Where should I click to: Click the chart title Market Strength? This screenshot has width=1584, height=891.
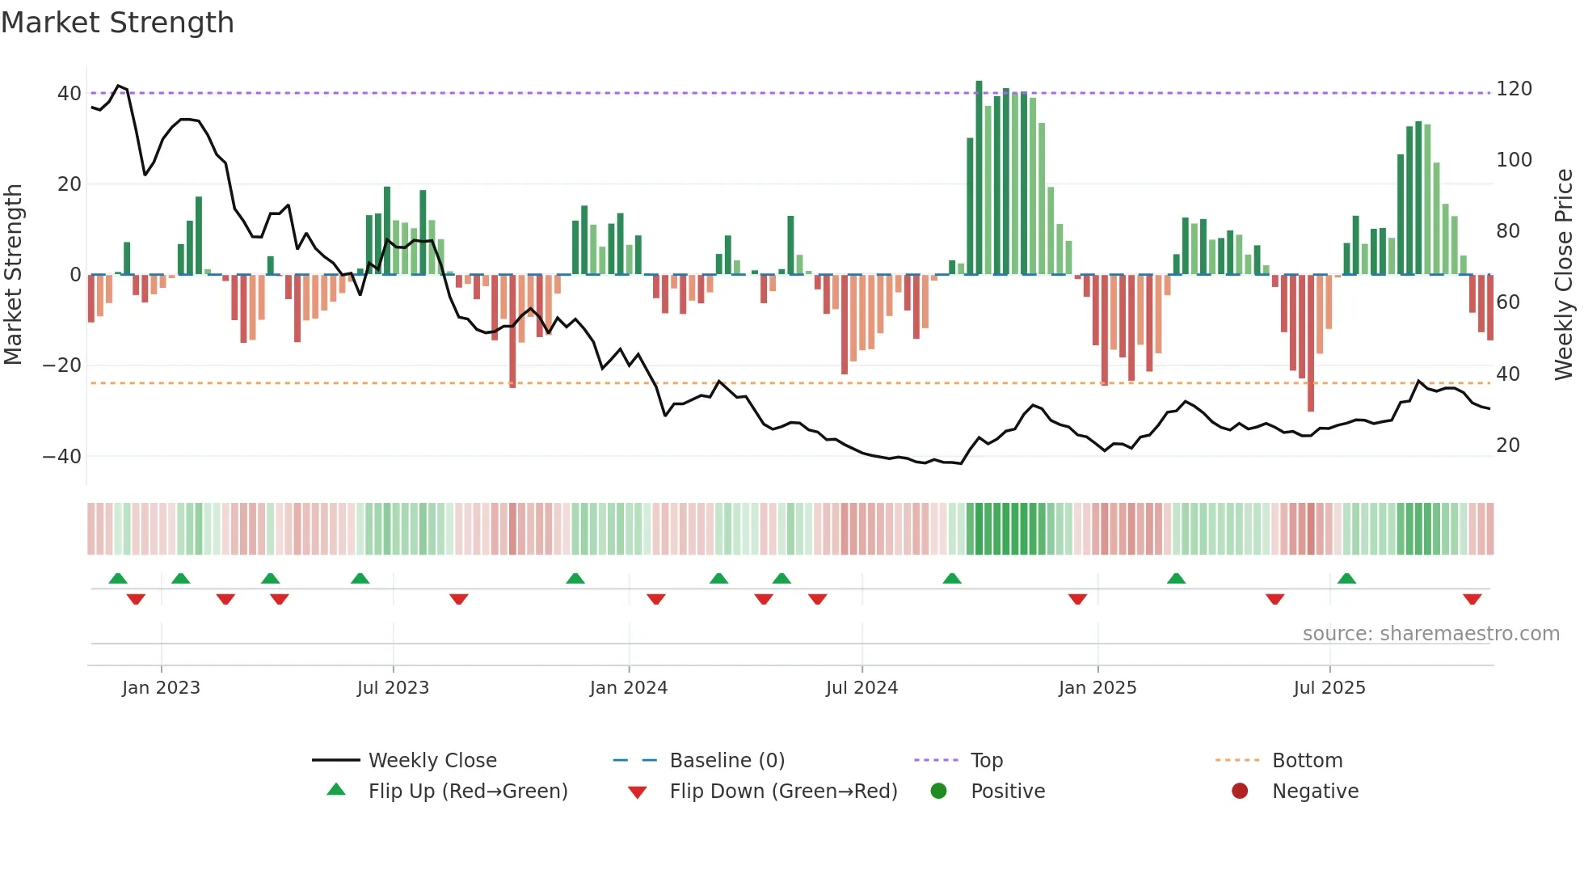(117, 23)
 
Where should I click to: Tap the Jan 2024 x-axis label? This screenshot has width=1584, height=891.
(628, 688)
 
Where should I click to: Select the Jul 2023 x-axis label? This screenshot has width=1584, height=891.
(393, 688)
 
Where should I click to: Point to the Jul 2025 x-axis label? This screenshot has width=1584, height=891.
(1329, 688)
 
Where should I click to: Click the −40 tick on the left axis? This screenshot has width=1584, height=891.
(61, 457)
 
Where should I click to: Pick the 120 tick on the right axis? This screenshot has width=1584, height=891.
(1513, 89)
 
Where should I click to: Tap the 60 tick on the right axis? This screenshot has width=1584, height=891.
(1507, 302)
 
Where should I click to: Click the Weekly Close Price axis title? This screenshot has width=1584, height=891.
(1564, 275)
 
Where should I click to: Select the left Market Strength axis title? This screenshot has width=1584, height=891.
(14, 275)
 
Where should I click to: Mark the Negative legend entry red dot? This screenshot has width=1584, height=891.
(1239, 792)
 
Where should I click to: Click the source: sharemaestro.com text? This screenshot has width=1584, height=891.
(1430, 634)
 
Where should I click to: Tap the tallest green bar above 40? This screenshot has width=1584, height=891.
(979, 178)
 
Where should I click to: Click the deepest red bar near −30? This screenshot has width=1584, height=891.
(1310, 344)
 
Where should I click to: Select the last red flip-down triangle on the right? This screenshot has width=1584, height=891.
(1472, 599)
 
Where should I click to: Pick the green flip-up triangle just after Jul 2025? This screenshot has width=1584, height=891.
(1346, 578)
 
